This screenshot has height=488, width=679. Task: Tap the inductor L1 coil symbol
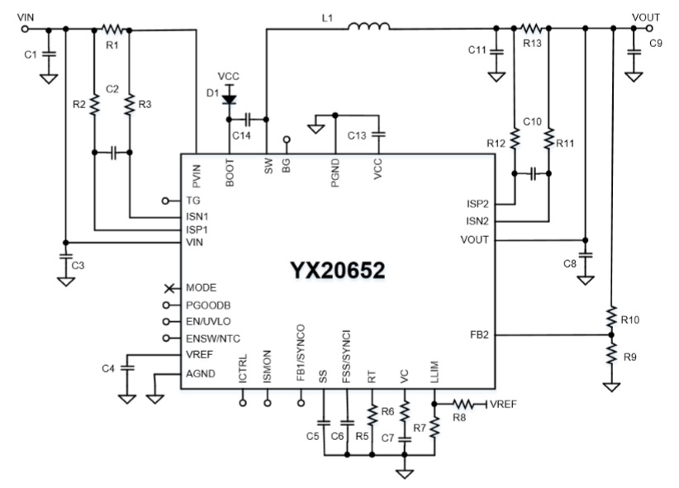[x=369, y=29]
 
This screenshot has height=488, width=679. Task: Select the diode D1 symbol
[x=229, y=100]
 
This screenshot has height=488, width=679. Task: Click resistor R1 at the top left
[x=112, y=29]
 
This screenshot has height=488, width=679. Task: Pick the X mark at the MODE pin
[x=169, y=287]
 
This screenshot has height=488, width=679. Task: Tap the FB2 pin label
[x=478, y=334]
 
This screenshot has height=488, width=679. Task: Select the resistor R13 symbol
[x=531, y=29]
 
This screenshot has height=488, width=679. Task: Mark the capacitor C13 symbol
[x=377, y=134]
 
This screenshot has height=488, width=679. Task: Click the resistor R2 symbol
[x=94, y=105]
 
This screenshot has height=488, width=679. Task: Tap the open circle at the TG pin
[x=166, y=201]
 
